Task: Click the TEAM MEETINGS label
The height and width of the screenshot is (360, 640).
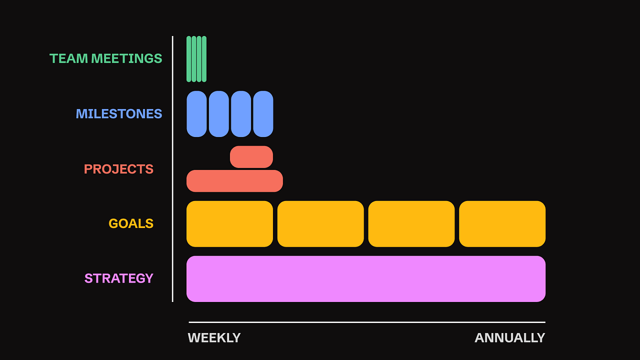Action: click(x=106, y=58)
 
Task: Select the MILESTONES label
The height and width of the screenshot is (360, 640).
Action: click(x=119, y=114)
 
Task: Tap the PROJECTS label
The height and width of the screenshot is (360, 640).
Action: click(x=118, y=169)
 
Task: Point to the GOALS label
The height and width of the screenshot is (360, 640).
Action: click(x=131, y=223)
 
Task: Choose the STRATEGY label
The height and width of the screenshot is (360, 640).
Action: click(x=119, y=278)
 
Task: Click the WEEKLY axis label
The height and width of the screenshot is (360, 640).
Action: click(x=214, y=338)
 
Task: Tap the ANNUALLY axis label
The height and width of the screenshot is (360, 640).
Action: click(x=509, y=338)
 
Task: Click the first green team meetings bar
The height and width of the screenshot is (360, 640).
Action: click(x=189, y=59)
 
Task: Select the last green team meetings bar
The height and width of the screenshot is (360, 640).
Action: click(x=204, y=59)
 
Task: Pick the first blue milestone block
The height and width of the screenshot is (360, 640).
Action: click(x=196, y=114)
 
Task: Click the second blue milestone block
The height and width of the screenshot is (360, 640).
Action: click(x=219, y=114)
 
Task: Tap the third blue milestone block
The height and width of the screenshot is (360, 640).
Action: click(x=241, y=114)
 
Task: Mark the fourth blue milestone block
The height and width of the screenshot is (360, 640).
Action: click(x=263, y=114)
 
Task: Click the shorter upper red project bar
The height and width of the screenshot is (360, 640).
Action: click(x=251, y=157)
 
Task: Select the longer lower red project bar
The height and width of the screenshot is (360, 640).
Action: click(x=234, y=181)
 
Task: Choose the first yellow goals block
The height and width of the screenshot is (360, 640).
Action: click(x=229, y=224)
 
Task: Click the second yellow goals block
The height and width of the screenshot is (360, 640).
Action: click(x=320, y=224)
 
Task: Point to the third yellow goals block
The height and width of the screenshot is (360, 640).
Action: click(x=411, y=224)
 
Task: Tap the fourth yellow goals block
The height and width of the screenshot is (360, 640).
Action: click(x=502, y=224)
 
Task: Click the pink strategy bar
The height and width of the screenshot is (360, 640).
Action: click(x=366, y=279)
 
